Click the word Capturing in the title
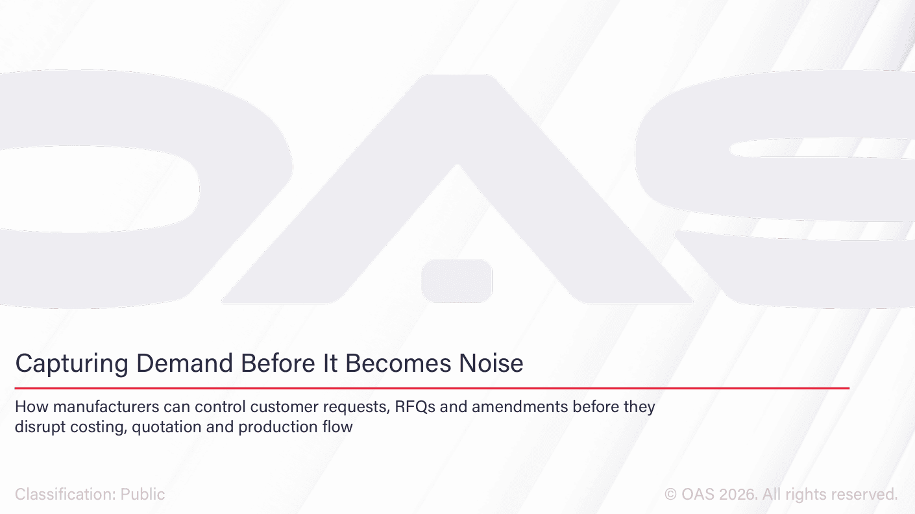point(72,363)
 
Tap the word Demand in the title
point(185,363)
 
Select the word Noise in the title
point(491,363)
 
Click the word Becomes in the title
point(398,363)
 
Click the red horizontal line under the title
point(432,388)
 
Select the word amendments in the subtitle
point(520,407)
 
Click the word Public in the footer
point(143,495)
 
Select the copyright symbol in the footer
point(670,495)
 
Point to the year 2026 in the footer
point(737,495)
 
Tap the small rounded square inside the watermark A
point(457,281)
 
